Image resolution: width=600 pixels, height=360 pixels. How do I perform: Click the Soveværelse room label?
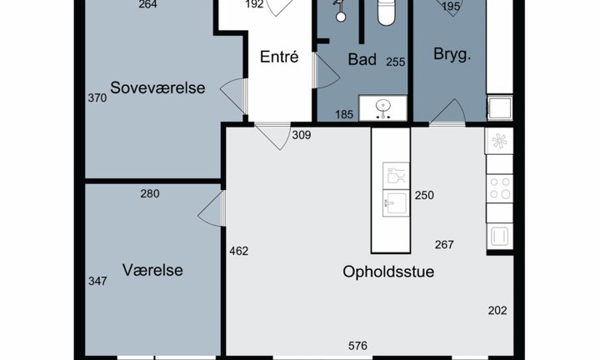[x=157, y=87]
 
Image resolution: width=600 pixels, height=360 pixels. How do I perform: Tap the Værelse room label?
[x=152, y=270]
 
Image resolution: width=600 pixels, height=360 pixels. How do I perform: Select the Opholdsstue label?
[x=388, y=272]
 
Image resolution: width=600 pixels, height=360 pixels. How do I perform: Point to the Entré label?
[x=279, y=57]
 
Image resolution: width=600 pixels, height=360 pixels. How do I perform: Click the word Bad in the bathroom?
[x=362, y=59]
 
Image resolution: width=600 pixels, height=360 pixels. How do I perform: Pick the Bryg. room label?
[x=452, y=54]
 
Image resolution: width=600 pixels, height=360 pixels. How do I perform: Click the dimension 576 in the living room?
[x=357, y=346]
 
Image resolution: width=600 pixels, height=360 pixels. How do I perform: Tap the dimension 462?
[x=239, y=251]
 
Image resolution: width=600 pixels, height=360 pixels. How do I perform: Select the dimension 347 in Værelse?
[x=97, y=281]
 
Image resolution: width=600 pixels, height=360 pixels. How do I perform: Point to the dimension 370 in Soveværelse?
[x=97, y=98]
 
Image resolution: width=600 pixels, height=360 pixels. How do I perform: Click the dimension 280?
[x=150, y=194]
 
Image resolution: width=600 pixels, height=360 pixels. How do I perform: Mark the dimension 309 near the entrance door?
[x=302, y=135]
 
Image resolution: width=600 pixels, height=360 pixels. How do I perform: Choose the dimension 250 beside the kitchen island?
[x=424, y=196]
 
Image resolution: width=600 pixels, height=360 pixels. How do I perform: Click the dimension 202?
[x=497, y=310]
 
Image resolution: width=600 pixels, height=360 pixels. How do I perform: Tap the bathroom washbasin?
[x=382, y=107]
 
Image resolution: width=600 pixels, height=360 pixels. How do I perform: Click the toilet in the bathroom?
[x=386, y=12]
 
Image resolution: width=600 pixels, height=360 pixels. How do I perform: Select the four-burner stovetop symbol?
[x=500, y=188]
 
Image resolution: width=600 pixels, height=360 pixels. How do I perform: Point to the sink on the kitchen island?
[x=396, y=203]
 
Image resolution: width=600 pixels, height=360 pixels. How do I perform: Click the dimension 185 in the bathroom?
[x=344, y=114]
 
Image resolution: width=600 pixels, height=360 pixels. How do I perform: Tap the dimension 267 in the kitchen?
[x=444, y=244]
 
